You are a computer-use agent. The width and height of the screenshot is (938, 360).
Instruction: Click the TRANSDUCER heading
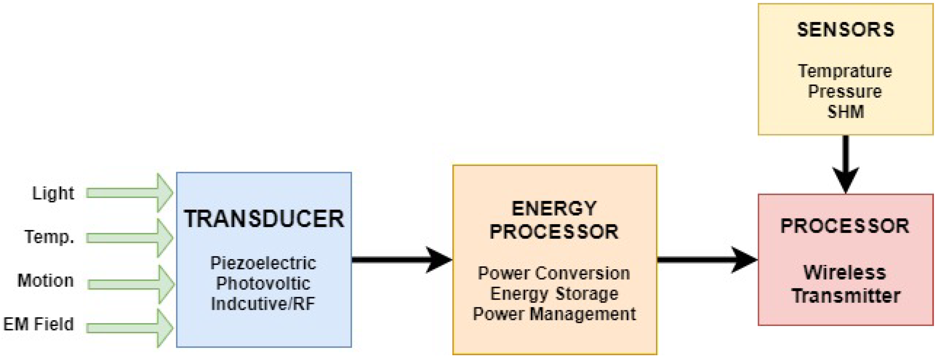coord(264,219)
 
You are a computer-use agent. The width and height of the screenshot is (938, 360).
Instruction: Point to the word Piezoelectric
coord(263,263)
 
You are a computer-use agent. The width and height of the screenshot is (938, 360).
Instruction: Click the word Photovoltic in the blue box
coord(263,284)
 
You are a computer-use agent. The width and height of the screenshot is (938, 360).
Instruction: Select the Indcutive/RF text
coord(263,304)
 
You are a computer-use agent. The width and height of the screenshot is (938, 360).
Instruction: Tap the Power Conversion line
coord(554,273)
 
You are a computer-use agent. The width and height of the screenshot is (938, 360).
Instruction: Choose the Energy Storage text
coord(554,294)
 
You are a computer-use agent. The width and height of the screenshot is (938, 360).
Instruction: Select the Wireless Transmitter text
coord(845,284)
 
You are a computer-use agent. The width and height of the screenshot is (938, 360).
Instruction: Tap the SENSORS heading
coord(845,30)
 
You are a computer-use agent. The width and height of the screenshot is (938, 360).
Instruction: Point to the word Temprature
coord(845,71)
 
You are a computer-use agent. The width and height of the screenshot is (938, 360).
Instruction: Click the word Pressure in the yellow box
coord(845,91)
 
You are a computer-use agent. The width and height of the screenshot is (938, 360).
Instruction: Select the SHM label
coord(845,112)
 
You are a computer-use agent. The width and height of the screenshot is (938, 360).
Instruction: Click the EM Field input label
coord(38,324)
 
